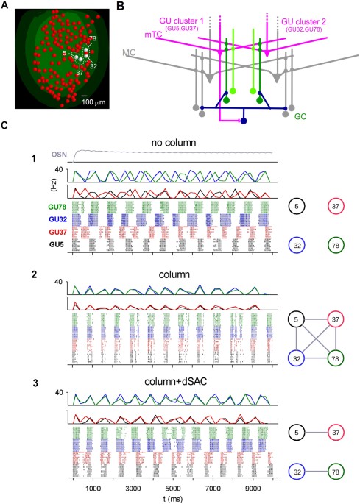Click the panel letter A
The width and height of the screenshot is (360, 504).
tap(6, 6)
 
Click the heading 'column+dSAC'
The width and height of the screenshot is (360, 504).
tap(174, 381)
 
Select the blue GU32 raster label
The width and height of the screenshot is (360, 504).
tap(54, 219)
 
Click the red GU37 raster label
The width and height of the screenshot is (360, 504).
tap(54, 230)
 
